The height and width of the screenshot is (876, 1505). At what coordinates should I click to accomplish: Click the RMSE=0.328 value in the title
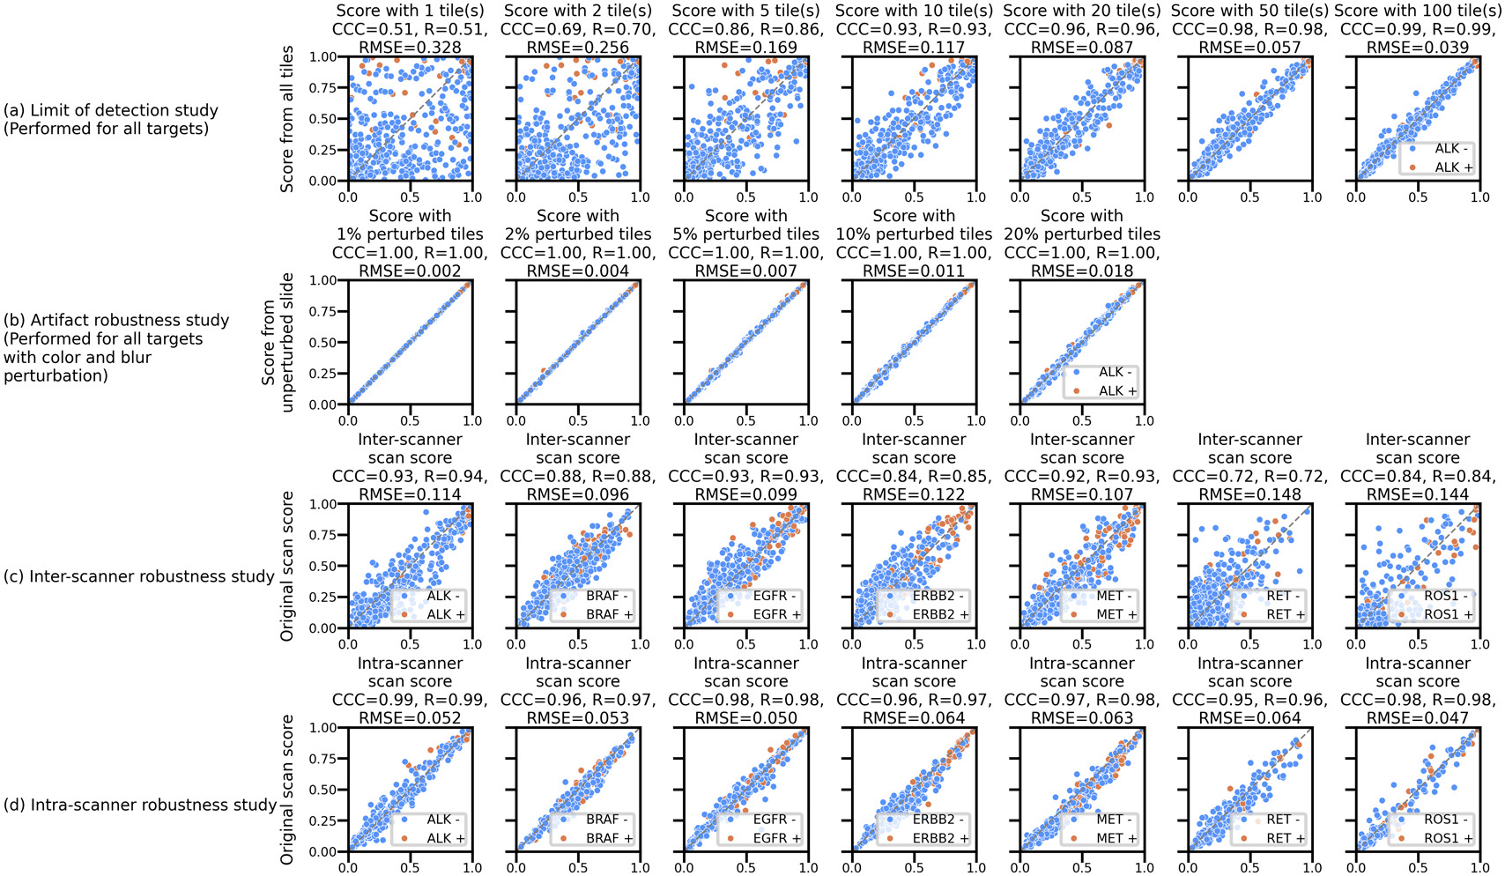(x=410, y=48)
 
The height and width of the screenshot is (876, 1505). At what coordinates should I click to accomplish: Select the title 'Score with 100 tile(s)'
(x=1418, y=11)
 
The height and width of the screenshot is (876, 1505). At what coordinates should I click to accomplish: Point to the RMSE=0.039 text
(x=1418, y=48)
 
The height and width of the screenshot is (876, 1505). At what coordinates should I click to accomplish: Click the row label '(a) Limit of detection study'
(x=111, y=110)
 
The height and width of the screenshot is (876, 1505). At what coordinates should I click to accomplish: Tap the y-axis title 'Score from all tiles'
(x=287, y=119)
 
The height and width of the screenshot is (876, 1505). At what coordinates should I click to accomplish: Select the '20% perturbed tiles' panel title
(x=1082, y=234)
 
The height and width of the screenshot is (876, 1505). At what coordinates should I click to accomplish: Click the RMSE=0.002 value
(x=410, y=271)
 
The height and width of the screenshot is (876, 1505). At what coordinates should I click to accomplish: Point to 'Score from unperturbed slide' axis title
(x=278, y=342)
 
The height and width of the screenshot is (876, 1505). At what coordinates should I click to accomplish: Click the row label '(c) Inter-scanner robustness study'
(x=139, y=576)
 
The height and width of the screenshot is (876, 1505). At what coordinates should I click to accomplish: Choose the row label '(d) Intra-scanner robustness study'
(x=141, y=805)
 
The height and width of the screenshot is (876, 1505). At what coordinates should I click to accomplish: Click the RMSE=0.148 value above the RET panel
(x=1249, y=495)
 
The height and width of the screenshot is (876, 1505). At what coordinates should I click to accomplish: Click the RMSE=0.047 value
(x=1418, y=719)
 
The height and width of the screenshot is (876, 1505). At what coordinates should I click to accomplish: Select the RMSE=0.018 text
(x=1082, y=271)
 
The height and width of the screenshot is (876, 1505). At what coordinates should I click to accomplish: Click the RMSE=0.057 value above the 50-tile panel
(x=1249, y=48)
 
